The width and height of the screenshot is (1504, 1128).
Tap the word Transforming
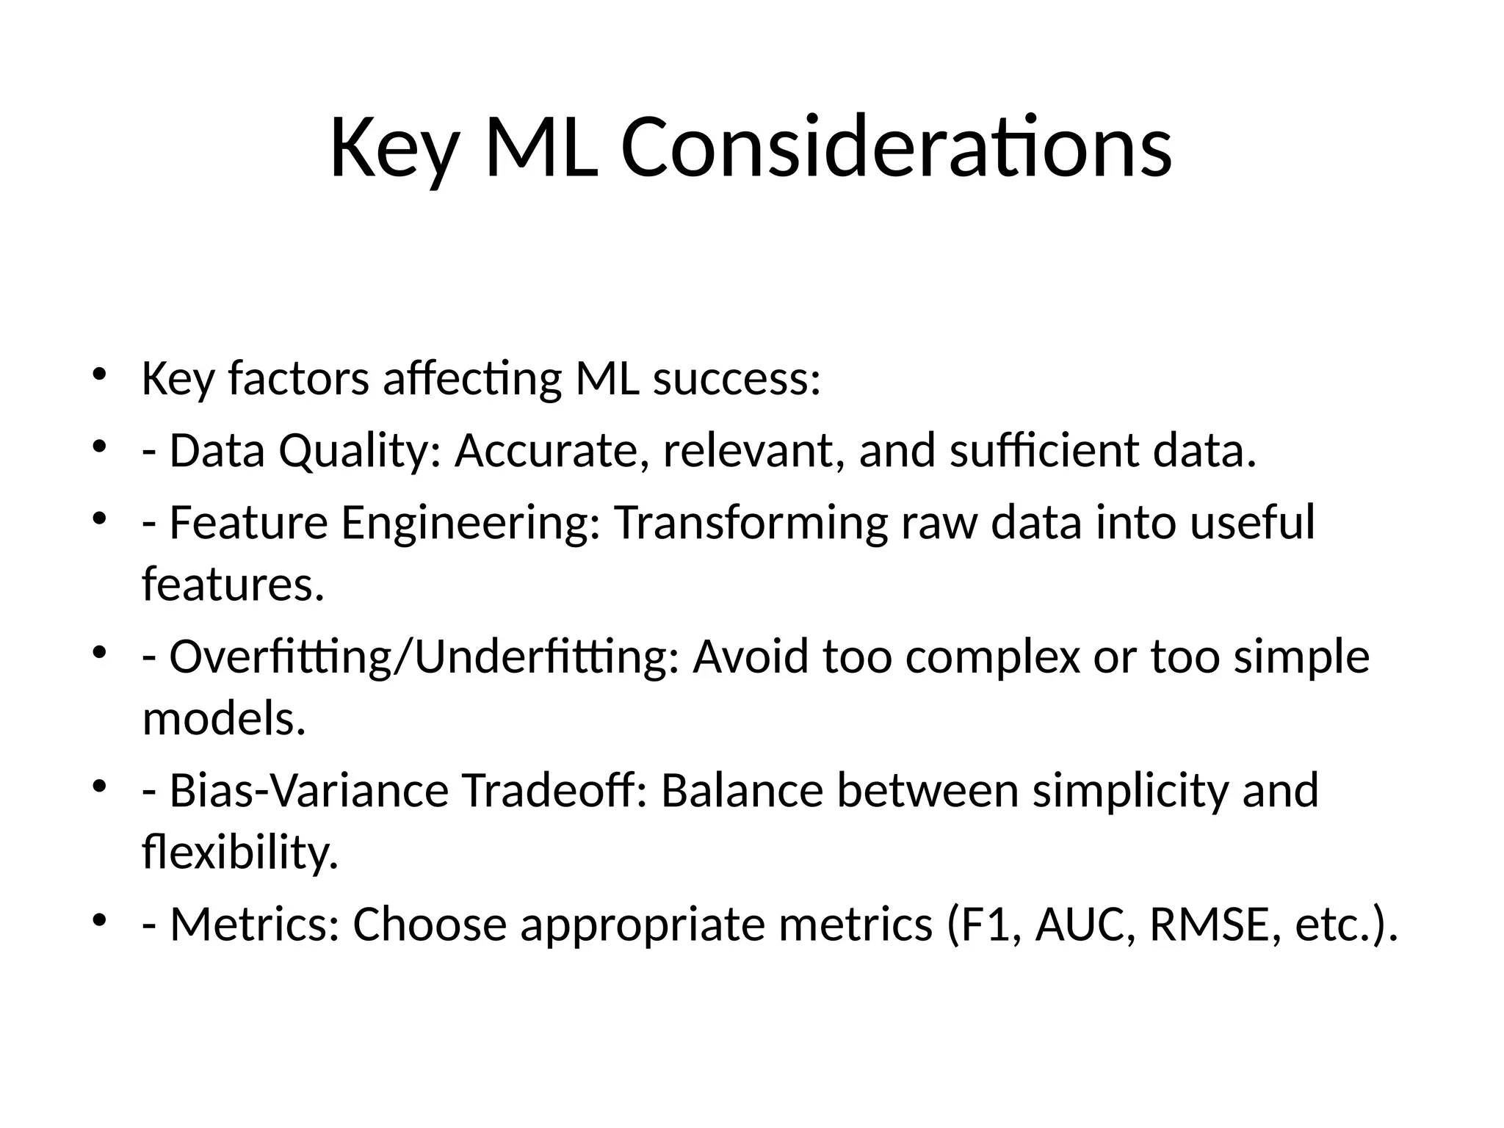[x=751, y=523]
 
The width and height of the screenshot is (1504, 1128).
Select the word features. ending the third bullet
[x=233, y=585]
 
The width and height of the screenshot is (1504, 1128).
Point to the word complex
[x=993, y=657]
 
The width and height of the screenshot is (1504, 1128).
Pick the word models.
[x=223, y=718]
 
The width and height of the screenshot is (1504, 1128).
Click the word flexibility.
[x=240, y=853]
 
